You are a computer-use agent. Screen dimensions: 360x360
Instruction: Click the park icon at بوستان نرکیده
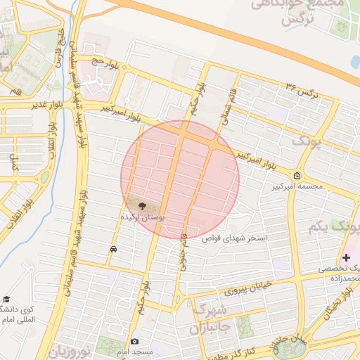coord(143,206)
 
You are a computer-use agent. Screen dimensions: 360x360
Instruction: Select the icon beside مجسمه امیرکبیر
coord(297,176)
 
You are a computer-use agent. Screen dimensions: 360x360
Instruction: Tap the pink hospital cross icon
coord(346,258)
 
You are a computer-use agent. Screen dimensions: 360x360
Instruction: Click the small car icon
coord(113,249)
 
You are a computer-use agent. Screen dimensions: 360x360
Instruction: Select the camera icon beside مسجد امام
coord(135,342)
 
